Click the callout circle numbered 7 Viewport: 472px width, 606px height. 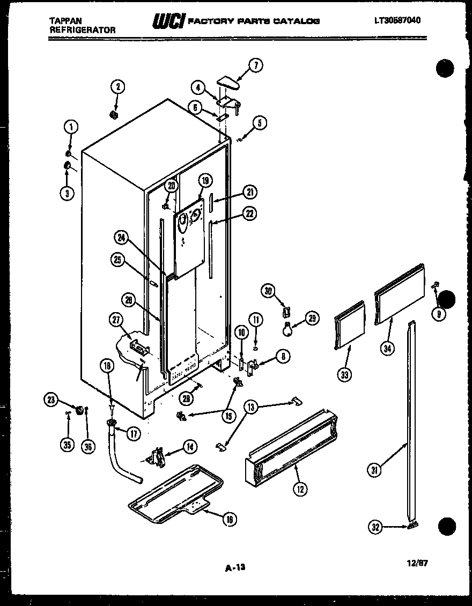[255, 65]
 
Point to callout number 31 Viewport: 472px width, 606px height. [374, 471]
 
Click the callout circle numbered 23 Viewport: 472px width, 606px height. [51, 399]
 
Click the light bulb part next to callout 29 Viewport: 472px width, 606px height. [289, 330]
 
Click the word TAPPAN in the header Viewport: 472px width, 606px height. [62, 20]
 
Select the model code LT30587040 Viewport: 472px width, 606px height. [397, 20]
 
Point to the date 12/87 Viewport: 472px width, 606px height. [418, 563]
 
